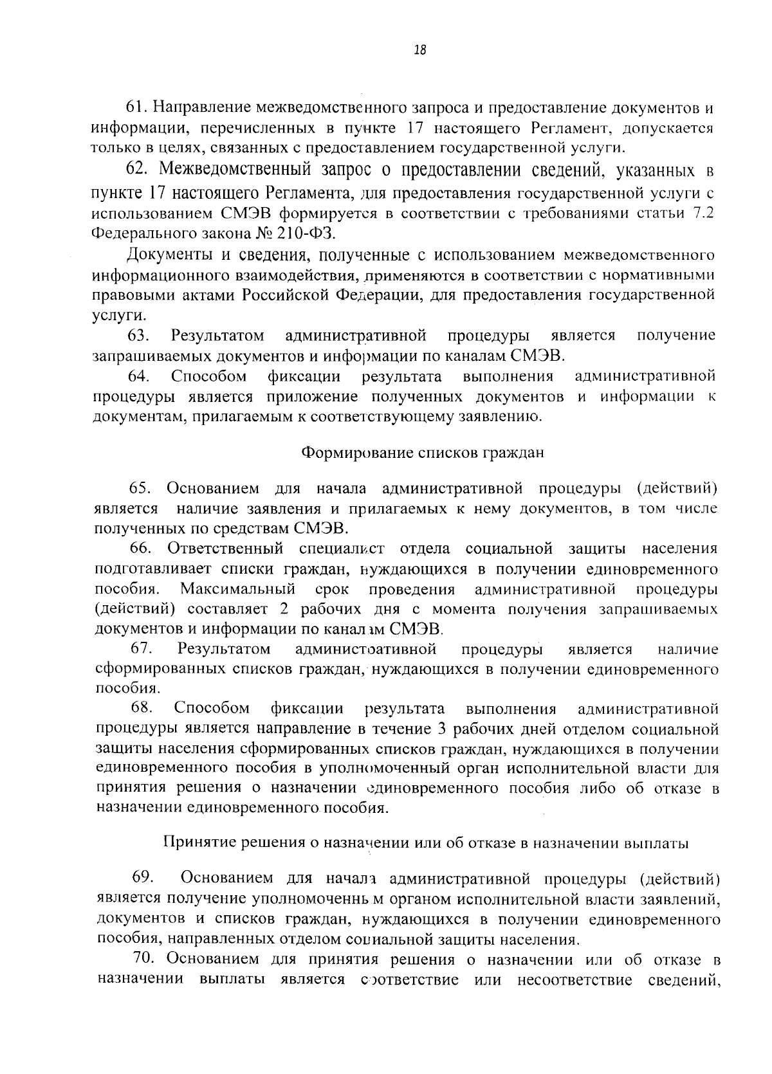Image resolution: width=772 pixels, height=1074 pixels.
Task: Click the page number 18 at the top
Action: tap(421, 50)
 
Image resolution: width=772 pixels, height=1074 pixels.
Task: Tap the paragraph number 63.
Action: tap(138, 336)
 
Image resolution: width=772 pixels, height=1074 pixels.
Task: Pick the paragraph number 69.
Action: tap(143, 878)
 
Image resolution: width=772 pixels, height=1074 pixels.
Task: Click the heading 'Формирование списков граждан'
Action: tap(423, 452)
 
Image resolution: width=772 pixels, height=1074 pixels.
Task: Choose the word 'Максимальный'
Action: tap(237, 589)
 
